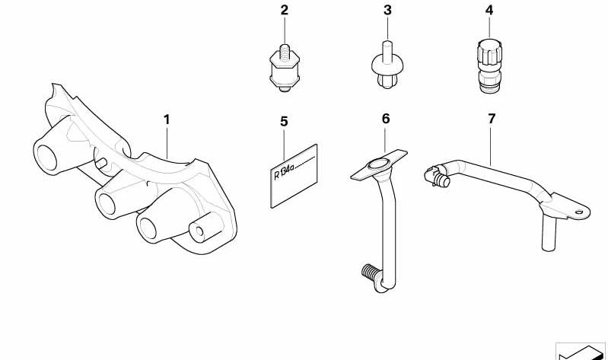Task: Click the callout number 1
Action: coord(167,119)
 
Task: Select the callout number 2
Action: coord(285,10)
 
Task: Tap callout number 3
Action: coord(387,10)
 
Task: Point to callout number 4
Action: coord(489,10)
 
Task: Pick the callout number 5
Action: coord(285,122)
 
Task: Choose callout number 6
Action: coord(386,119)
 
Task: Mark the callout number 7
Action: coord(492,119)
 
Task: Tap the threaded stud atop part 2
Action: coord(285,52)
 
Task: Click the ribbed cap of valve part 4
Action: coord(489,53)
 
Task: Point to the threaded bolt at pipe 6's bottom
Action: coord(369,272)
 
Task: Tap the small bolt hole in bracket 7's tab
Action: coord(579,212)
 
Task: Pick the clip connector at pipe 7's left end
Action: coord(437,177)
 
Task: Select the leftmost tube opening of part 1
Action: coord(46,157)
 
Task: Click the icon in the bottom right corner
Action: coord(581,351)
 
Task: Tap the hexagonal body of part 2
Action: coord(285,73)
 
